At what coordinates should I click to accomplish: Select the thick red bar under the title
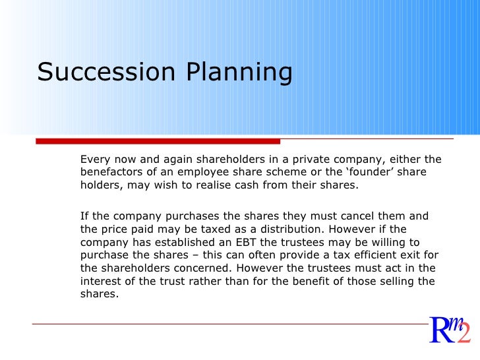click(x=158, y=141)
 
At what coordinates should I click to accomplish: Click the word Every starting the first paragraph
click(x=94, y=160)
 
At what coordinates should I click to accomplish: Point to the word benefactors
click(x=112, y=172)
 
